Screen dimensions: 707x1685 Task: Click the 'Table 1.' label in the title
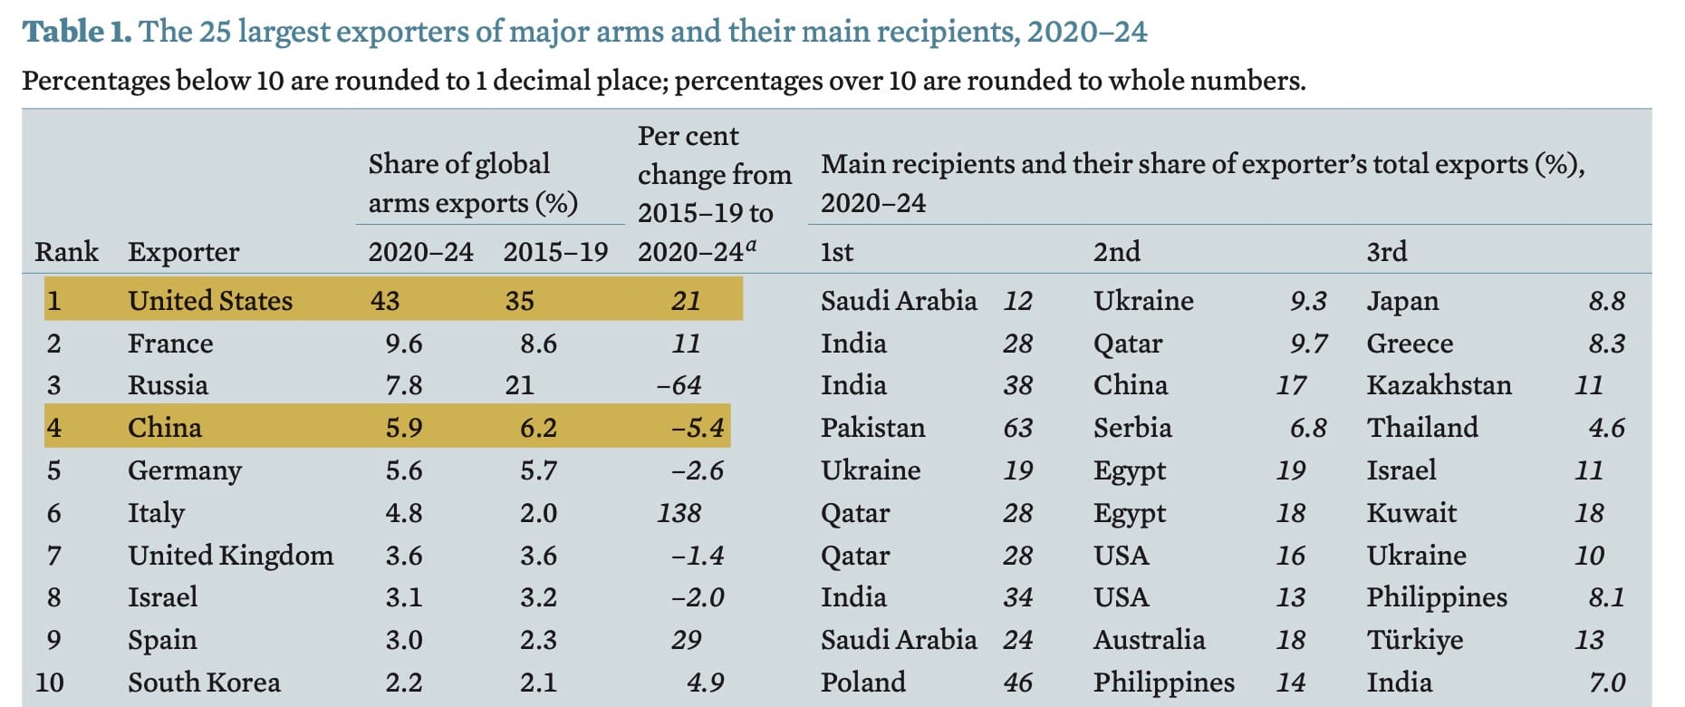[x=77, y=32]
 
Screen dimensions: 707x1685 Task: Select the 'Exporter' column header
[x=183, y=252]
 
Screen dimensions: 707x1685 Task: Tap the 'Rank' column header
[x=66, y=252]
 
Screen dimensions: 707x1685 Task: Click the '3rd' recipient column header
[x=1386, y=252]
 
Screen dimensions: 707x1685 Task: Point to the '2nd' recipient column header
[x=1116, y=252]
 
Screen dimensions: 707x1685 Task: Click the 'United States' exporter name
[x=210, y=301]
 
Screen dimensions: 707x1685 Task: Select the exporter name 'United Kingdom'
[x=230, y=556]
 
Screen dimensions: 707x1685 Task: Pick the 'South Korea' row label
[x=204, y=683]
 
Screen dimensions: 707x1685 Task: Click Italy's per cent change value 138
[x=679, y=513]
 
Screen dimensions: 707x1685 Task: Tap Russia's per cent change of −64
[x=679, y=385]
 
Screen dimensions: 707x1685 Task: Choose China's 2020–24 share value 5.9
[x=403, y=428]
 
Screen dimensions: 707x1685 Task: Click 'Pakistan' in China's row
[x=872, y=428]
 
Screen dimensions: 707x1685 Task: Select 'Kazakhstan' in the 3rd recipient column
[x=1439, y=385]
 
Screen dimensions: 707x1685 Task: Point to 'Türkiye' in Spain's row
[x=1414, y=640]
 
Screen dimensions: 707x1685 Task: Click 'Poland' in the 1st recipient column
[x=862, y=683]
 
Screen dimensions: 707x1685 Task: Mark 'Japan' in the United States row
[x=1401, y=301]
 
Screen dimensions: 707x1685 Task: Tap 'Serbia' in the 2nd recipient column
[x=1131, y=428]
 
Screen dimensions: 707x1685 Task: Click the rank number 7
[x=53, y=556]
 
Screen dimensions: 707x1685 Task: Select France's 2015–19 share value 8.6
[x=538, y=344]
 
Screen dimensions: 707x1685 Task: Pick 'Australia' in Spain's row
[x=1149, y=640]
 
